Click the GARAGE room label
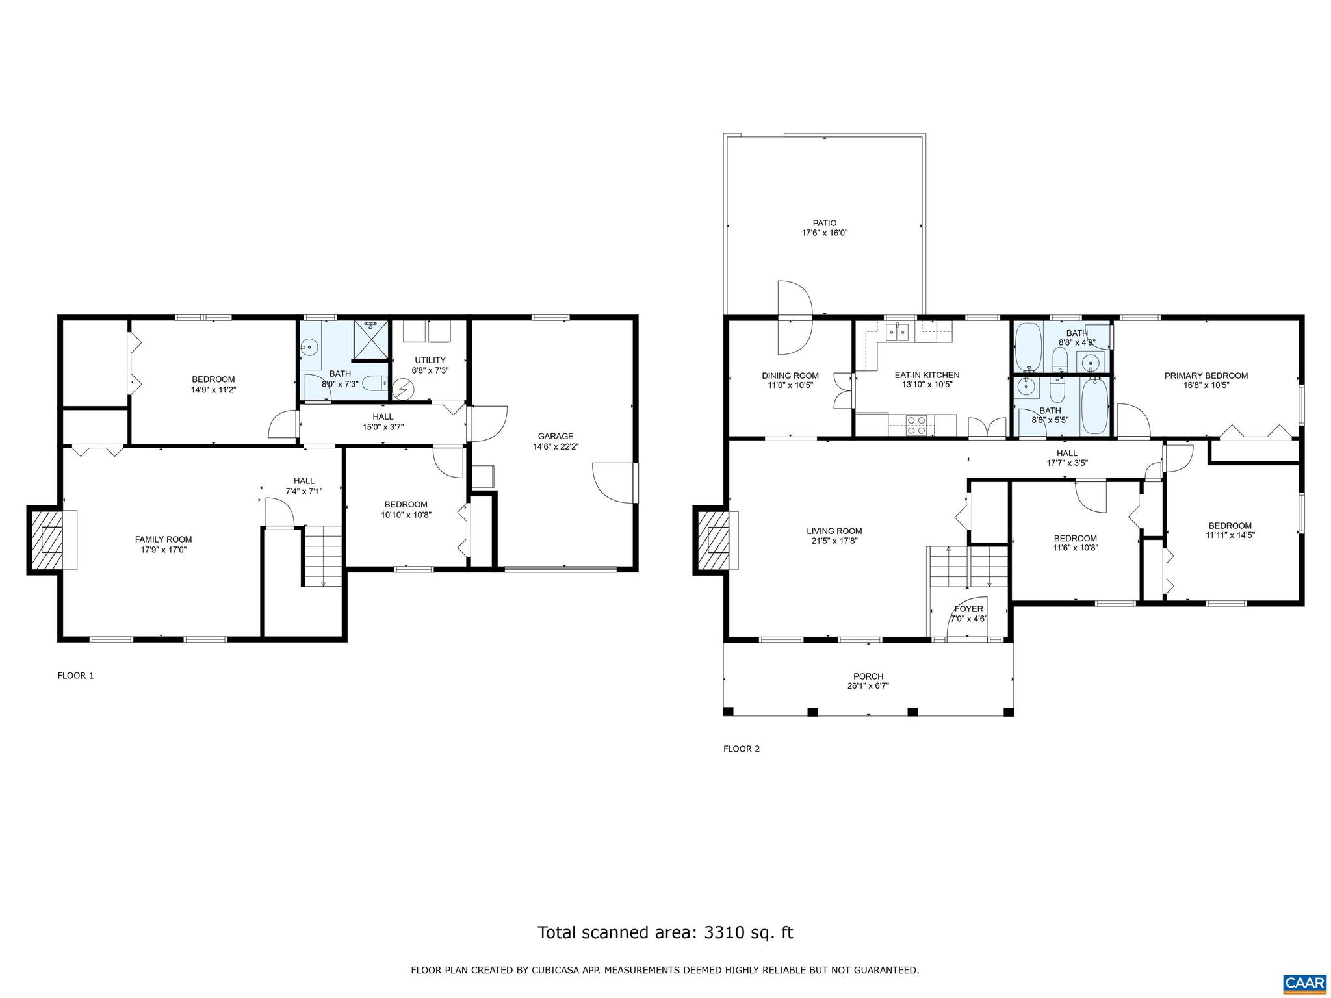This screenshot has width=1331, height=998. (x=555, y=436)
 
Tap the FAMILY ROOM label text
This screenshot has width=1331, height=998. (x=163, y=539)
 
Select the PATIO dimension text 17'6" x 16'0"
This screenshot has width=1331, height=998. (x=824, y=233)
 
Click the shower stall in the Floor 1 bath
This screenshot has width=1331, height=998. (x=371, y=339)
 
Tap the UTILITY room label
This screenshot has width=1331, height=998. (x=430, y=360)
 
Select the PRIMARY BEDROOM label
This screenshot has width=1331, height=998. (x=1206, y=376)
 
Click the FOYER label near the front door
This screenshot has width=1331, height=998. (x=968, y=609)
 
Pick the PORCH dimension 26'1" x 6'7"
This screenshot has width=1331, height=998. (x=868, y=685)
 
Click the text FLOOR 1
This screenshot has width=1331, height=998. (x=75, y=676)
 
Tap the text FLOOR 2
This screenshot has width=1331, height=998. (x=741, y=748)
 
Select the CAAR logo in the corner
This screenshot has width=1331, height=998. (x=1305, y=981)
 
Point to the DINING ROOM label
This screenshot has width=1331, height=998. (x=790, y=376)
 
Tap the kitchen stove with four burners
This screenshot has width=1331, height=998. (x=916, y=425)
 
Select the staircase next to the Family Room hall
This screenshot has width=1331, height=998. (x=323, y=556)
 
